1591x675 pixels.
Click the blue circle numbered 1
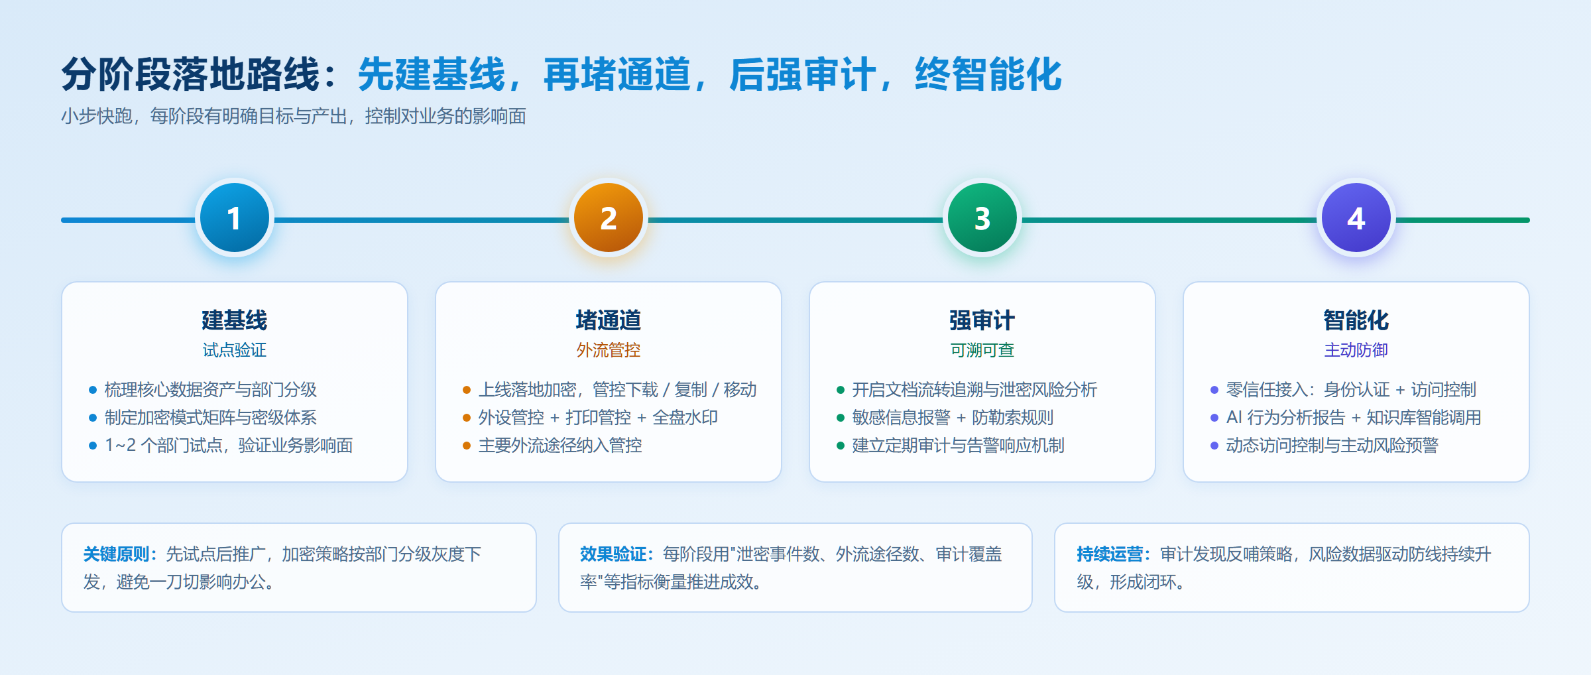[235, 218]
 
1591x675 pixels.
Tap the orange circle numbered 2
[609, 218]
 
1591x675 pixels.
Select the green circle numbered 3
[982, 218]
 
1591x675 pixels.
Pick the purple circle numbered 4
[1356, 218]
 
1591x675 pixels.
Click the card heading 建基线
[235, 320]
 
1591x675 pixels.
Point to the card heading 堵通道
[609, 320]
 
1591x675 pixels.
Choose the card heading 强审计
[982, 320]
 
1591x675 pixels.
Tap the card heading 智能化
[1356, 320]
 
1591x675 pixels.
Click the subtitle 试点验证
[235, 350]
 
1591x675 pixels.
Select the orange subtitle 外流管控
[609, 350]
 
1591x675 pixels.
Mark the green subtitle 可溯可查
[982, 350]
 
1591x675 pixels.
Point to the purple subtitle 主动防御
[1356, 350]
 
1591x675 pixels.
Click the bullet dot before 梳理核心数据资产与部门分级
[93, 390]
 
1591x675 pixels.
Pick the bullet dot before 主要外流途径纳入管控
[467, 446]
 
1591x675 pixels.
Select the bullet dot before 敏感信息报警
[841, 418]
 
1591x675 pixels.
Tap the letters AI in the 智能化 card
[1234, 417]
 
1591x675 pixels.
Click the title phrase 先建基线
[432, 74]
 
